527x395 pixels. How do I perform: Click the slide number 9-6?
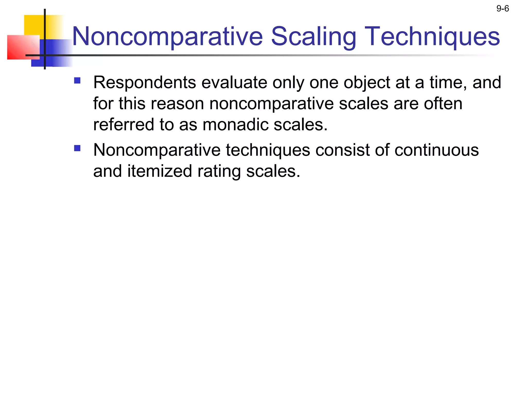click(x=503, y=9)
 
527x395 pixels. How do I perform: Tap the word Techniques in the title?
click(x=432, y=37)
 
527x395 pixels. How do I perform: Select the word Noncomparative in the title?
click(x=167, y=37)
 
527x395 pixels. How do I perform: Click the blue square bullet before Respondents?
click(x=77, y=81)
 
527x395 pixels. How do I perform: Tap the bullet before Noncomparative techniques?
click(x=77, y=148)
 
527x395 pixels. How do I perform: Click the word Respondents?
click(x=144, y=83)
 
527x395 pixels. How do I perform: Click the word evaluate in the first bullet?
click(x=234, y=83)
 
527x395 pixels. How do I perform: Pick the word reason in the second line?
click(x=177, y=104)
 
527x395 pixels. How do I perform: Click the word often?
click(x=443, y=104)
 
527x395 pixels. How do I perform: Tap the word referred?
click(x=124, y=125)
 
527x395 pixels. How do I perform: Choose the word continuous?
click(x=437, y=150)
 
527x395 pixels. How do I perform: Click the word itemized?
click(x=160, y=171)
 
